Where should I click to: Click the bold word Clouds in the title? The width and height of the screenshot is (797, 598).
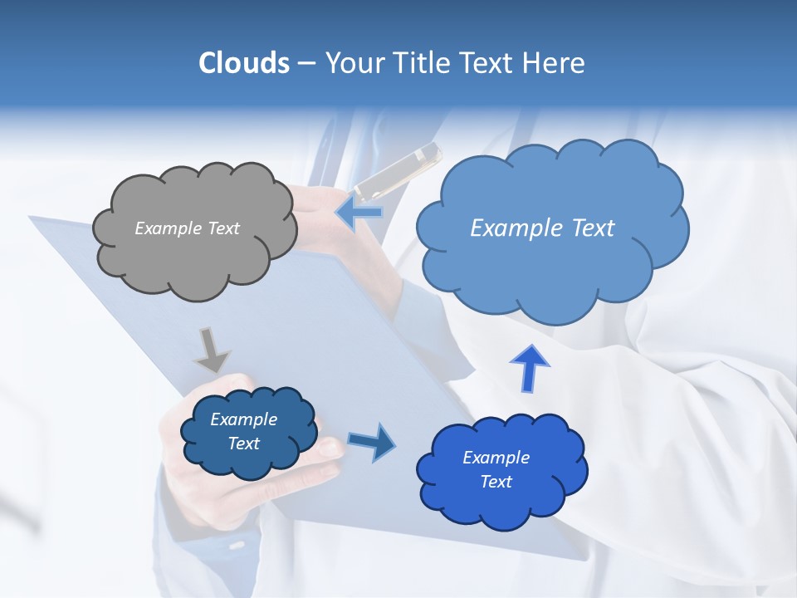tap(243, 63)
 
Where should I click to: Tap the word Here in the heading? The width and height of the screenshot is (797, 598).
tap(556, 63)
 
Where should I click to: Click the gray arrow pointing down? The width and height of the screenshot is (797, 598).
tap(212, 350)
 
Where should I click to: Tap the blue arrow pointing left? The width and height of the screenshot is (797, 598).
tap(359, 212)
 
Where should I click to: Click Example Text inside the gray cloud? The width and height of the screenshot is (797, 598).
tap(187, 228)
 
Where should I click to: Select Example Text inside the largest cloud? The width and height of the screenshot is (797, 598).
tap(542, 228)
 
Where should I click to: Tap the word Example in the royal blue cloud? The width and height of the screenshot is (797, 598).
tap(496, 458)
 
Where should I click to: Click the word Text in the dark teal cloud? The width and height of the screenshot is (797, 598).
tap(244, 444)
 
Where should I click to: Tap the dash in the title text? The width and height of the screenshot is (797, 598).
tap(306, 63)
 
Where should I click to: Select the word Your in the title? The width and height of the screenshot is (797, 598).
tap(352, 63)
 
